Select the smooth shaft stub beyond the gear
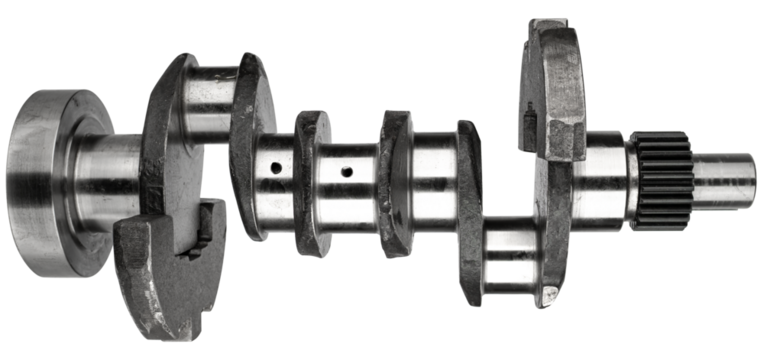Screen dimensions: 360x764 tap(725, 177)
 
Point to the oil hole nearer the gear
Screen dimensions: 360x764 tap(345, 171)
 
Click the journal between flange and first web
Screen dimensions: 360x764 tap(105, 175)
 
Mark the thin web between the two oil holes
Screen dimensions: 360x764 tap(310, 180)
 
